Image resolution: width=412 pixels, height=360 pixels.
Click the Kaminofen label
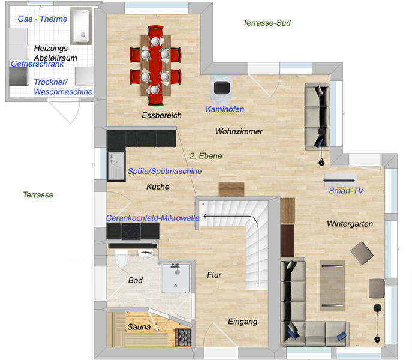tap(225, 109)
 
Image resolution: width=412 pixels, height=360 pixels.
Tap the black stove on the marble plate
tap(222, 88)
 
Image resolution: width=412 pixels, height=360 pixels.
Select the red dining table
tap(155, 66)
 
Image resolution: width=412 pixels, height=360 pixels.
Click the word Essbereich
tap(161, 115)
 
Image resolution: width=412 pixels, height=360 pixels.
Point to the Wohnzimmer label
tap(239, 131)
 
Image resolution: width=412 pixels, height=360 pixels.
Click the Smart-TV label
tap(346, 191)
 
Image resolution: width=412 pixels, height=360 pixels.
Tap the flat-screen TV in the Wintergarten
tap(340, 181)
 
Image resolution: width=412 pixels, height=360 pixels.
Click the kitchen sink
tap(116, 166)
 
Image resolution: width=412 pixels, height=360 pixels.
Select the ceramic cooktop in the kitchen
tap(131, 231)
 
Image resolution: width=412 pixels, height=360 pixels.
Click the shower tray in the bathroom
tap(176, 278)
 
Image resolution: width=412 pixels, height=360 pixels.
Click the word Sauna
tap(139, 327)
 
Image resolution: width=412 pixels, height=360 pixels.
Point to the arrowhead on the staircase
tap(205, 217)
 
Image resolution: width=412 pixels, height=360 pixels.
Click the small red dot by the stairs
tap(203, 204)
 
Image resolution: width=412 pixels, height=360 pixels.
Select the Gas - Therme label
tap(43, 19)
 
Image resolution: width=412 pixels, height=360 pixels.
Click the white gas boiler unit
tap(82, 26)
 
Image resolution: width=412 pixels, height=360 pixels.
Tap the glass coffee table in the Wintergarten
tap(332, 286)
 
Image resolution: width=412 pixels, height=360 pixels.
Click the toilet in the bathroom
tap(121, 258)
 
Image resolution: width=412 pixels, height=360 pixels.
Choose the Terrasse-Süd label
tap(267, 23)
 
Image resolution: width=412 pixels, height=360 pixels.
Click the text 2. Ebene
tap(206, 156)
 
